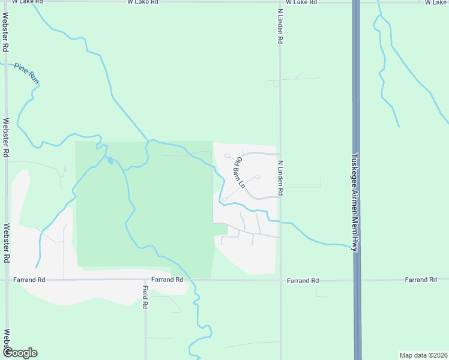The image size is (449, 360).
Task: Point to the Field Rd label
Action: pyautogui.click(x=145, y=296)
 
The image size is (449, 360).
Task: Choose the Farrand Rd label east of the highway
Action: pyautogui.click(x=420, y=280)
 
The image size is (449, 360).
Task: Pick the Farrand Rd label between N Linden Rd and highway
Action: pyautogui.click(x=303, y=280)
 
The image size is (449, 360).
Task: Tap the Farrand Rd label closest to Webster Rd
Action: pyautogui.click(x=31, y=280)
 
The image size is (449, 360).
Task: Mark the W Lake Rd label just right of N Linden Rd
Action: pyautogui.click(x=301, y=2)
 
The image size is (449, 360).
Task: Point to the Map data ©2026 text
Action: pyautogui.click(x=423, y=355)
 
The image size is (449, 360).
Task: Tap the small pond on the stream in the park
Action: pyautogui.click(x=110, y=160)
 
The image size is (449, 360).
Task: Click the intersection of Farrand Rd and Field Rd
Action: pyautogui.click(x=145, y=280)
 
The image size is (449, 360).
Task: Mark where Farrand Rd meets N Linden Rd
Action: pyautogui.click(x=280, y=280)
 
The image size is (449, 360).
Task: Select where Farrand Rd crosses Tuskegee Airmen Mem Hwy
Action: pyautogui.click(x=357, y=280)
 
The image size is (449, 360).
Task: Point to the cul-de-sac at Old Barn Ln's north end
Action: pyautogui.click(x=228, y=156)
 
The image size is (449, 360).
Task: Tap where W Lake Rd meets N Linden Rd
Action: pyautogui.click(x=280, y=2)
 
